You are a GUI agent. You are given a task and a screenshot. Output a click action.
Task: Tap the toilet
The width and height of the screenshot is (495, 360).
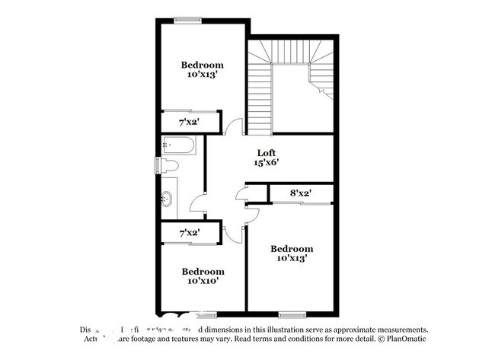(x=169, y=165)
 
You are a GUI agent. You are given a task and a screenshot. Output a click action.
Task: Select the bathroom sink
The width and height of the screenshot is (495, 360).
(x=168, y=200)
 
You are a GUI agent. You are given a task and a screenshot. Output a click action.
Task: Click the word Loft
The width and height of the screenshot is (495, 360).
(x=265, y=151)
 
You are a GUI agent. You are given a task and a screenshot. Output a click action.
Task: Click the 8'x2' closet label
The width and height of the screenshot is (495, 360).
(x=301, y=193)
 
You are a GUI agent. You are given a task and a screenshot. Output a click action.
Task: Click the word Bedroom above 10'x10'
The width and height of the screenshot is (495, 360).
(x=203, y=272)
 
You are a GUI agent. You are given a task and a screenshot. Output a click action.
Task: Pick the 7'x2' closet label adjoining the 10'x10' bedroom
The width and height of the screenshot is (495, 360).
(x=190, y=232)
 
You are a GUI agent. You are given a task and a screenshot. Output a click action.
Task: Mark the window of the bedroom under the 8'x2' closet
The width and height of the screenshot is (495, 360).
(x=292, y=314)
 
